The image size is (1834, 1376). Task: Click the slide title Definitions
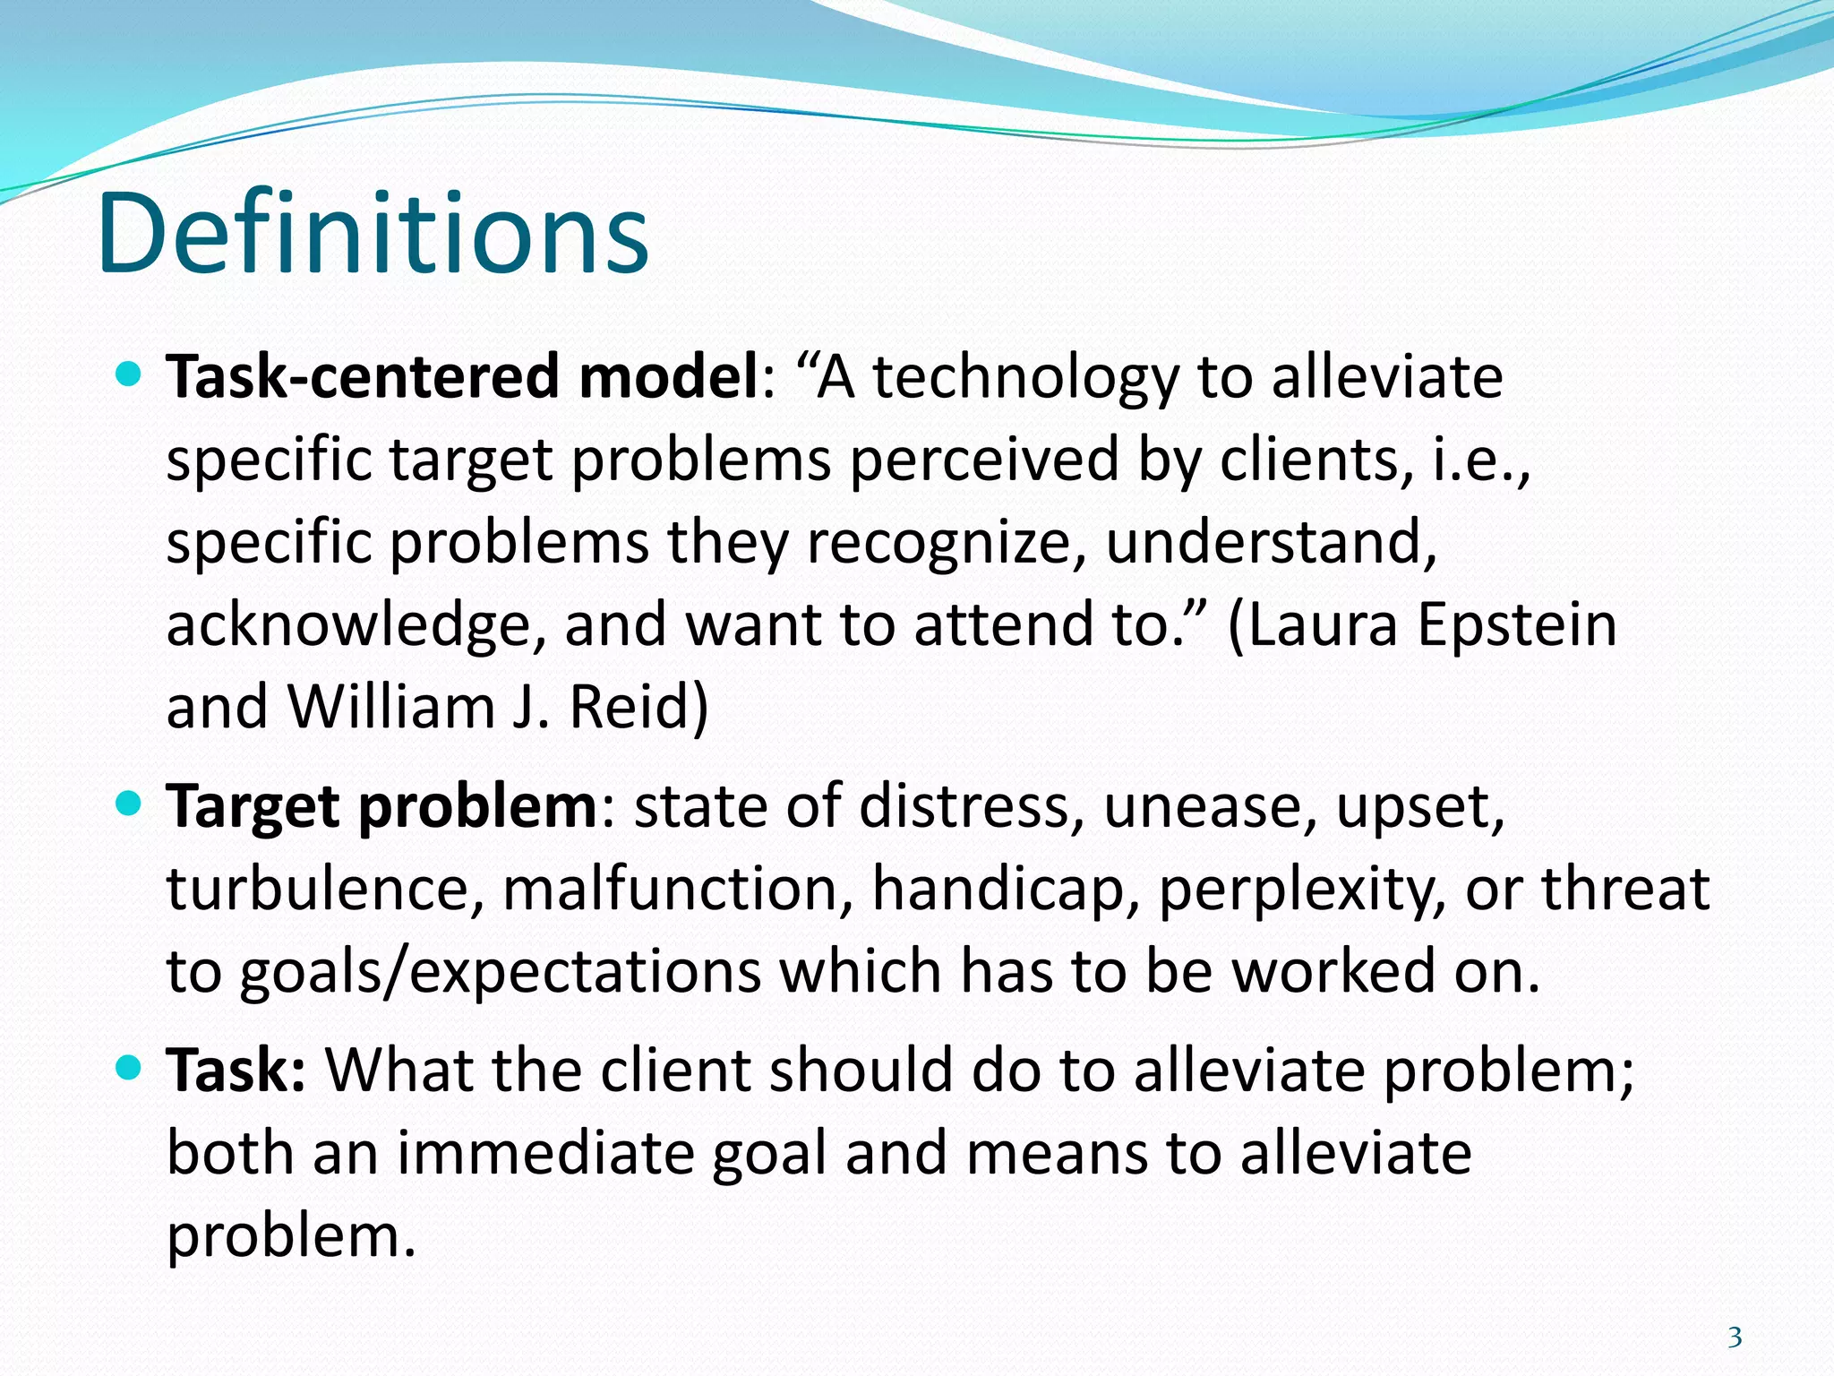pyautogui.click(x=373, y=235)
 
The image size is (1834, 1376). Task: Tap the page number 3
pyautogui.click(x=1735, y=1337)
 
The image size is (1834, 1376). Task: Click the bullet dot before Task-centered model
pyautogui.click(x=130, y=373)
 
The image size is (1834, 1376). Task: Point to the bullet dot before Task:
pyautogui.click(x=130, y=1067)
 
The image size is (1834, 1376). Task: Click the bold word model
pyautogui.click(x=669, y=376)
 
